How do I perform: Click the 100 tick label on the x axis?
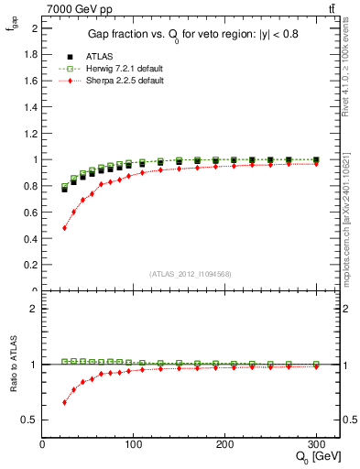[134, 442]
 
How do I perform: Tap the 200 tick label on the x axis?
[225, 442]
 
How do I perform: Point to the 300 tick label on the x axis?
[317, 442]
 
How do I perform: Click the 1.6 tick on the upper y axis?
[30, 81]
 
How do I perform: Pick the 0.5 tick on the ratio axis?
[30, 420]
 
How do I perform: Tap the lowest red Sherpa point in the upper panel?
[64, 228]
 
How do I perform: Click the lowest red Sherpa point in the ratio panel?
[64, 402]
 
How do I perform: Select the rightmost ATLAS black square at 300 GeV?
[316, 160]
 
